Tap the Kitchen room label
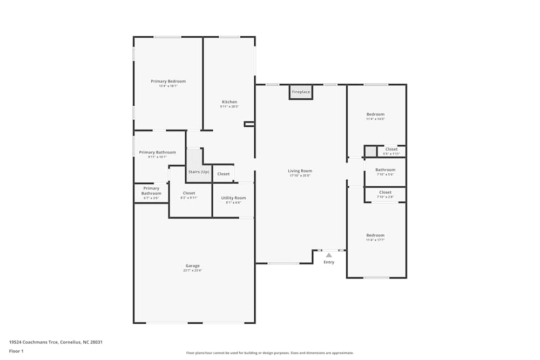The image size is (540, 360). coord(229,102)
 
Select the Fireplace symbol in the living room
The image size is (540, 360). coord(301,92)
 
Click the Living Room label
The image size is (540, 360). coord(300,171)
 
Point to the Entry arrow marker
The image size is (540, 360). coord(328,255)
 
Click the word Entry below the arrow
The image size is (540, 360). coord(329,262)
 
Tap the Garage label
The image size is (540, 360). coord(192,266)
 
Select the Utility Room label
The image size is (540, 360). coord(233,198)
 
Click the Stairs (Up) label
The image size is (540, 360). coord(198,172)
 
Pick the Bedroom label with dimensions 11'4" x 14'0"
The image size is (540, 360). coord(375,114)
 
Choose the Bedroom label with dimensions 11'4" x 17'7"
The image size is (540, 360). coord(375,235)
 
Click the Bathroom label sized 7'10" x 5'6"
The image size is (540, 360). coord(385,170)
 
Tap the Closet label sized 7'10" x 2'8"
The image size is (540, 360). coord(385,193)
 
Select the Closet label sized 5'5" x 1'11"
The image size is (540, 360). coord(391,150)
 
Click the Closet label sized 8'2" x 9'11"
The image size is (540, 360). coord(189,193)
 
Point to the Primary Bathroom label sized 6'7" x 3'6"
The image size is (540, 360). coord(151,191)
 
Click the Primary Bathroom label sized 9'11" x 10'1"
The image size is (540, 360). coord(157,153)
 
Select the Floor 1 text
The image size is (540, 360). coord(16,351)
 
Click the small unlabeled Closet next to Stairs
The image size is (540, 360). coord(223,174)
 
